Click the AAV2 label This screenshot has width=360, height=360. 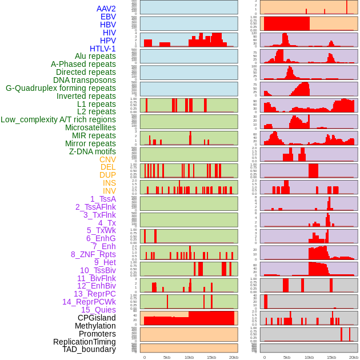(x=106, y=9)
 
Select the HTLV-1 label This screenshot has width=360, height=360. (x=102, y=49)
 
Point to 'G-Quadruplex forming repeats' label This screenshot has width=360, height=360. (x=61, y=88)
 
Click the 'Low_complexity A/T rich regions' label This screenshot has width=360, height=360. (x=58, y=119)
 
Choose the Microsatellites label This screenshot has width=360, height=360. (x=90, y=127)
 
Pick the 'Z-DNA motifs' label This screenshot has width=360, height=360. (x=92, y=151)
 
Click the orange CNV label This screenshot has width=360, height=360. (x=107, y=159)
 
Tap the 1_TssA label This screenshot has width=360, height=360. (x=103, y=199)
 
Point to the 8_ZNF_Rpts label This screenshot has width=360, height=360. (x=93, y=254)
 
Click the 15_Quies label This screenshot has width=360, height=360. (x=98, y=310)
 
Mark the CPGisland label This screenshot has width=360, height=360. (x=97, y=318)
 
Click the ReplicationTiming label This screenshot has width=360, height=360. (x=85, y=342)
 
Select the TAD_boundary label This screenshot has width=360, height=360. (x=89, y=349)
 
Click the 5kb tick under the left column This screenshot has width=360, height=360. (x=167, y=357)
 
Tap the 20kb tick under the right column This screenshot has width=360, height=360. (x=354, y=357)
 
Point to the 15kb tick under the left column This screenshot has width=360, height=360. (x=211, y=357)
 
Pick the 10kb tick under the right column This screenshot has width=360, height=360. (x=309, y=357)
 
